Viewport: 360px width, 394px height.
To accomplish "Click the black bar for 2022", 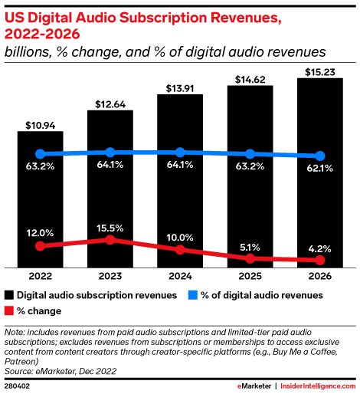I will point(41,199).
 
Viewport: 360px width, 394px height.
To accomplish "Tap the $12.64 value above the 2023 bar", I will point(110,103).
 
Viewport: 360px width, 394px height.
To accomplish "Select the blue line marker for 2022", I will point(41,154).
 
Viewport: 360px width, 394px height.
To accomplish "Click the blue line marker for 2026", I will point(319,156).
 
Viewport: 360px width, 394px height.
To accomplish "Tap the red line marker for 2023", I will point(110,240).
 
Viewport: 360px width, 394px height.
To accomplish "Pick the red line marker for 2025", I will point(250,259).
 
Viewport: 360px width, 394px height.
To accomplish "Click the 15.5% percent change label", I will point(110,228).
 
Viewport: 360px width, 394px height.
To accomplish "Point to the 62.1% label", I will point(319,168).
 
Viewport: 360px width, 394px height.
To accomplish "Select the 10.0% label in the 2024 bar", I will point(180,237).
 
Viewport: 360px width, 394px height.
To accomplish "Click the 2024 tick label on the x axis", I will point(180,277).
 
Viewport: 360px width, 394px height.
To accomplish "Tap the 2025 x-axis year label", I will point(250,277).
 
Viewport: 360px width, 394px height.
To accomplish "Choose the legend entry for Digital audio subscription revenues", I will point(90,294).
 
